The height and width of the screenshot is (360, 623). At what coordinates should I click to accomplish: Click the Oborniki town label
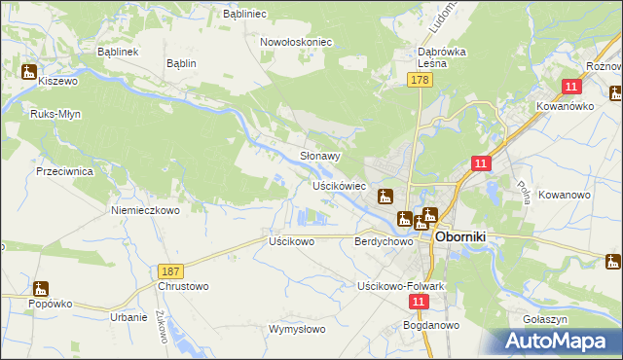point(467,236)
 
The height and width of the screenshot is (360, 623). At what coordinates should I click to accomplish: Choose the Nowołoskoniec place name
point(297,42)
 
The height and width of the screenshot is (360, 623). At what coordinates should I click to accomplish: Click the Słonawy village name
point(319,155)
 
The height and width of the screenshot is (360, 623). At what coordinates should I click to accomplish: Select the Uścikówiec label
point(339,185)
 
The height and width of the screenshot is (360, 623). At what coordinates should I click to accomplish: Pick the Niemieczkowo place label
point(146,209)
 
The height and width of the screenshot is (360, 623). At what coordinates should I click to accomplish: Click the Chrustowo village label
point(182,287)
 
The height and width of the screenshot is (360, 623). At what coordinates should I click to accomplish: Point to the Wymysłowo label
point(297,329)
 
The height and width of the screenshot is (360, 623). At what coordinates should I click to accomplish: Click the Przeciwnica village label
point(64,170)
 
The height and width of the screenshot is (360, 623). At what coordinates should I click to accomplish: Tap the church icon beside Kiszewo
point(29,71)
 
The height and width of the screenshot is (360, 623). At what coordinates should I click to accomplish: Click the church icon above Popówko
point(40,289)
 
